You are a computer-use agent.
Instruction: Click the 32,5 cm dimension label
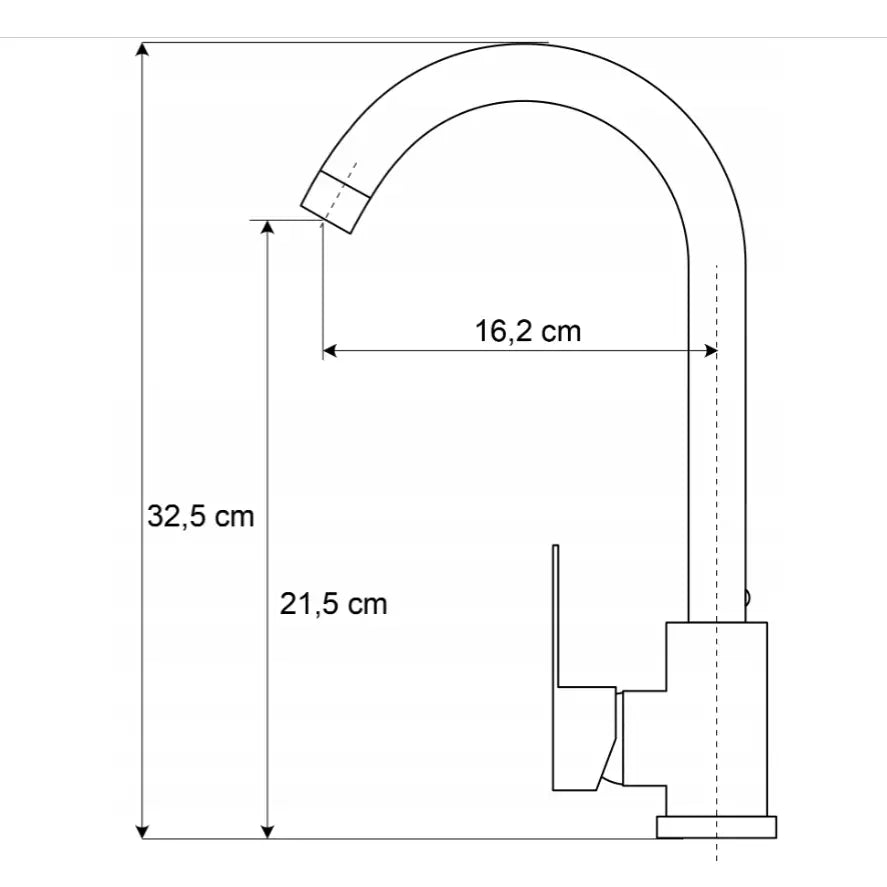click(201, 516)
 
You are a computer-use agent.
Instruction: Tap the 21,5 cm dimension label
click(334, 604)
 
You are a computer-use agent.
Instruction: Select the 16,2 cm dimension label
click(528, 331)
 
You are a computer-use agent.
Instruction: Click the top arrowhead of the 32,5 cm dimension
click(143, 50)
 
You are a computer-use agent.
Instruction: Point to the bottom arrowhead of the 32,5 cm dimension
click(143, 831)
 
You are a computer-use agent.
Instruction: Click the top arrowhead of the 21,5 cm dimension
click(268, 227)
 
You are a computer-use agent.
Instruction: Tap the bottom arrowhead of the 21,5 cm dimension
click(268, 831)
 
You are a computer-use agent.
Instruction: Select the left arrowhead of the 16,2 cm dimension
click(330, 351)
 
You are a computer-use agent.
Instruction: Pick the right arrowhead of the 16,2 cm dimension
click(710, 351)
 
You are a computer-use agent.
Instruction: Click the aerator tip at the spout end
click(335, 201)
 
